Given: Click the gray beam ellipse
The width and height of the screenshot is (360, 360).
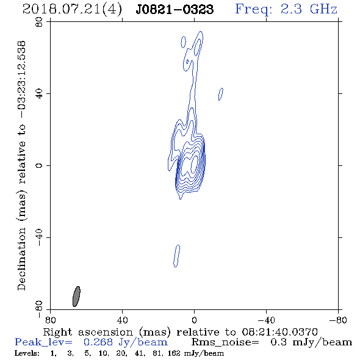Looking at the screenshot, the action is pyautogui.click(x=76, y=297).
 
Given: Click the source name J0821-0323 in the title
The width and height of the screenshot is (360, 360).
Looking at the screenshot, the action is pyautogui.click(x=175, y=9).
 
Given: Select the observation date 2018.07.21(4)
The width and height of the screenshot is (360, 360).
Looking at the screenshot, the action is pyautogui.click(x=72, y=10).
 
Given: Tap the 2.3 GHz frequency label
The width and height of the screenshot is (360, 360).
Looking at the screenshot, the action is pyautogui.click(x=309, y=9).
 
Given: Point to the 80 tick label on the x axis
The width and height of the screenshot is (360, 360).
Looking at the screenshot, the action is pyautogui.click(x=50, y=320).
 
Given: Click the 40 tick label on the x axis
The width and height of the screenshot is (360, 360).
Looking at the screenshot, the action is pyautogui.click(x=122, y=320).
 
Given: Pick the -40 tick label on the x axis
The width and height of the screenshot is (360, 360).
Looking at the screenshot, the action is pyautogui.click(x=266, y=320).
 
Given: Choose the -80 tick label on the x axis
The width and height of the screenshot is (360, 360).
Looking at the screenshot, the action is pyautogui.click(x=338, y=320).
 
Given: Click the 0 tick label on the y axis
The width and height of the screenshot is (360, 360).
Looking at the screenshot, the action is pyautogui.click(x=40, y=165).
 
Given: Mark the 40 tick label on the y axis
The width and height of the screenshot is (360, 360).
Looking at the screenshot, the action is pyautogui.click(x=40, y=94).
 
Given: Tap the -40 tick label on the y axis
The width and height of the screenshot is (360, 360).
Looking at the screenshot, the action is pyautogui.click(x=40, y=237).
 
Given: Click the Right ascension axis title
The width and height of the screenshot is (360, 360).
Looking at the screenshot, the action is pyautogui.click(x=181, y=332).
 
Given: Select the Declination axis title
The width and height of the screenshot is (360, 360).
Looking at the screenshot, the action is pyautogui.click(x=21, y=166).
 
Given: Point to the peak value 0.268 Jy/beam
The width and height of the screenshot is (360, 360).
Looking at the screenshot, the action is pyautogui.click(x=125, y=342).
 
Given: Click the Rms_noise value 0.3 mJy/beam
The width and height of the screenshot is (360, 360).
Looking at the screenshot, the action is pyautogui.click(x=311, y=342).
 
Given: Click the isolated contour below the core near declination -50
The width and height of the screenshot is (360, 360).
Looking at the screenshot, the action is pyautogui.click(x=176, y=256).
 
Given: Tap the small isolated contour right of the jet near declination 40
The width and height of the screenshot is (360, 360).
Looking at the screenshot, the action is pyautogui.click(x=221, y=94).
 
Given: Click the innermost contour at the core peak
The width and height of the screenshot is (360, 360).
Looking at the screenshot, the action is pyautogui.click(x=194, y=164).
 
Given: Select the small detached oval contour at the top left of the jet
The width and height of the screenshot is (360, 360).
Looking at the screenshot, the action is pyautogui.click(x=183, y=41).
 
